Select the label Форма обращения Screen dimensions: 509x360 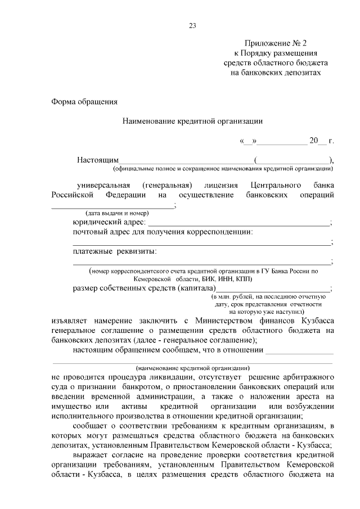click(84, 102)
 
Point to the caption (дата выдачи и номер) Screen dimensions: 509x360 click(117, 213)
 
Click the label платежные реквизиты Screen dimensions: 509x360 click(115, 251)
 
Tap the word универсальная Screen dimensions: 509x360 click(104, 185)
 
